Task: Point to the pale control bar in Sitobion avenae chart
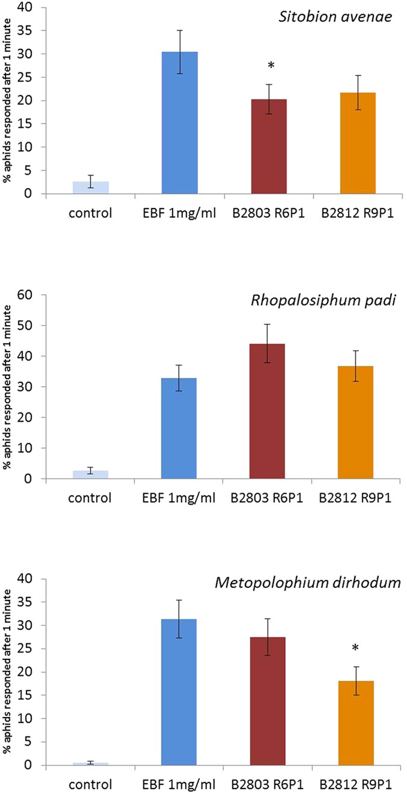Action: (x=90, y=187)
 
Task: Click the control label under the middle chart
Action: (x=90, y=498)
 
